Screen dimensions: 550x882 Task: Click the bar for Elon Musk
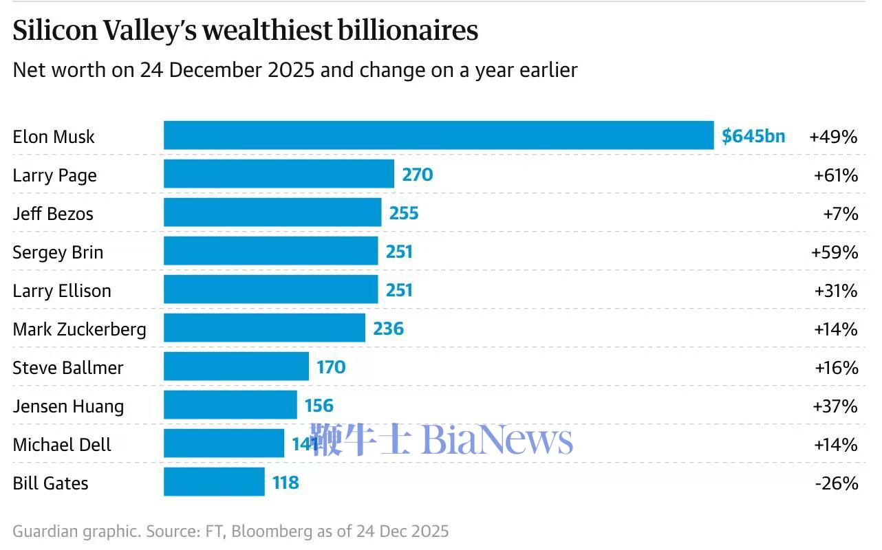coord(438,135)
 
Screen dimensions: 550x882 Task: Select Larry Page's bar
coord(279,174)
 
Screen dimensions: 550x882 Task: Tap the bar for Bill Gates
coord(214,482)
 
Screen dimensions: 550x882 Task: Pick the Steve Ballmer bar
coord(236,366)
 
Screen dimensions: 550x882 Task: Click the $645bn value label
coord(753,135)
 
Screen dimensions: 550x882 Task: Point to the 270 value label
coord(418,175)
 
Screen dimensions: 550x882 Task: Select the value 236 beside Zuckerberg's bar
coord(388,329)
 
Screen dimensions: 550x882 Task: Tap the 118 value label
coord(286,483)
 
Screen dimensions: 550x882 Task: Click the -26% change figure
coord(837,483)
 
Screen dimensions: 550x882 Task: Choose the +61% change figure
coord(836,175)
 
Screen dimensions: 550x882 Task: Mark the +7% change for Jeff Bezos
coord(841,214)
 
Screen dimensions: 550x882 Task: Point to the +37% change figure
coord(836,406)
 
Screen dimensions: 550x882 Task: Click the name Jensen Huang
coord(68,406)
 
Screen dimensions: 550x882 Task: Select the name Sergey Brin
coord(58,252)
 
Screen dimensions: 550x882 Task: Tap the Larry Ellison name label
coord(62,291)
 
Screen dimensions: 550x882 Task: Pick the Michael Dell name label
coord(62,445)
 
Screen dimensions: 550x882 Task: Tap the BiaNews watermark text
coord(497,439)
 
